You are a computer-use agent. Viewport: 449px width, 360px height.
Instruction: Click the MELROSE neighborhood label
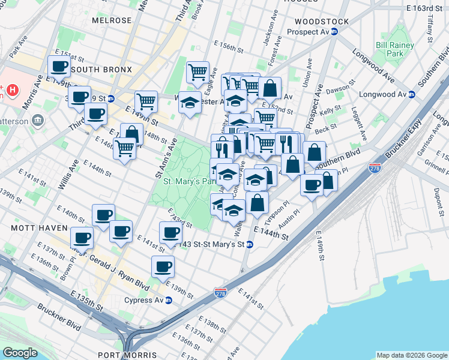112,20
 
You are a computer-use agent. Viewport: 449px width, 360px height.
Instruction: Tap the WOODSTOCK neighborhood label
318,22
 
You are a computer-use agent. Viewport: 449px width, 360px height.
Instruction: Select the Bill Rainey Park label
394,49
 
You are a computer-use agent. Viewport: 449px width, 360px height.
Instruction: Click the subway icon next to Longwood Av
412,94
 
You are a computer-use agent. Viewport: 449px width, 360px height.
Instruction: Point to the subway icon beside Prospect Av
334,32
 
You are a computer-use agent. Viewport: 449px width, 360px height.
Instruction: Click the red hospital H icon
11,91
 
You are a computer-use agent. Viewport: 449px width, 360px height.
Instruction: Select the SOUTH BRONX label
101,70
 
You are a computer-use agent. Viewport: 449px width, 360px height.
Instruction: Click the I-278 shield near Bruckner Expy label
375,169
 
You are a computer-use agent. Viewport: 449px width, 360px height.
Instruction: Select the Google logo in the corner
20,352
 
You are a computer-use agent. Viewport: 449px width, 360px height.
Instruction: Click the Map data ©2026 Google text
411,355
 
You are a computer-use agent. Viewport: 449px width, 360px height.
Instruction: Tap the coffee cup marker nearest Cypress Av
163,266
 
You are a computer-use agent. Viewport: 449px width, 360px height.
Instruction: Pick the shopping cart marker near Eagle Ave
197,73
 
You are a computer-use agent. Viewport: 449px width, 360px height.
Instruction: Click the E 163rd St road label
427,9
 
